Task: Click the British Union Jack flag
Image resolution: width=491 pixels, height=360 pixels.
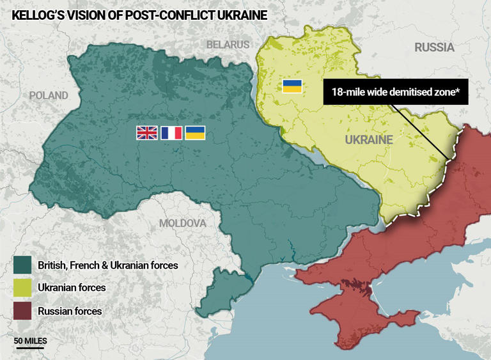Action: click(x=146, y=132)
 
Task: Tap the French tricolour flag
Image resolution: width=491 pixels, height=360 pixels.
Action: click(x=171, y=132)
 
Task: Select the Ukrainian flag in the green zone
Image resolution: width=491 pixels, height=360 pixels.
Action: click(x=195, y=132)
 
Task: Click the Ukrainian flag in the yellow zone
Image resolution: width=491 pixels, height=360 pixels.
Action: click(x=292, y=86)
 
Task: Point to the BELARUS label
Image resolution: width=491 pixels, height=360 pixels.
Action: click(x=228, y=45)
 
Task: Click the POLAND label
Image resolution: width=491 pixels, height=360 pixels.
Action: click(x=49, y=95)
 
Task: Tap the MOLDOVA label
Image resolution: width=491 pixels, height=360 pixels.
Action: click(x=183, y=223)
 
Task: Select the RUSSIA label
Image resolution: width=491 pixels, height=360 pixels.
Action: click(x=434, y=47)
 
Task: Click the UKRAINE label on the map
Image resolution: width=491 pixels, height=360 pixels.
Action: click(x=368, y=139)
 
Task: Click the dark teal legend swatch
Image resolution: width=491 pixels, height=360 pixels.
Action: click(x=22, y=265)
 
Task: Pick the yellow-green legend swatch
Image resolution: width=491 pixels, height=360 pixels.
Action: click(x=22, y=288)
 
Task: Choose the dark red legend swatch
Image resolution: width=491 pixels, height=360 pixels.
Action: click(x=22, y=311)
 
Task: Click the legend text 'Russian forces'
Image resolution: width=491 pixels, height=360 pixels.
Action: click(x=69, y=311)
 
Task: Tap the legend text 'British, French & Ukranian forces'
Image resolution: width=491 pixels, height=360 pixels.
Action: click(x=107, y=265)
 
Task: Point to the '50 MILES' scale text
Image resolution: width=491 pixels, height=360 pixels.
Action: click(x=31, y=341)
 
